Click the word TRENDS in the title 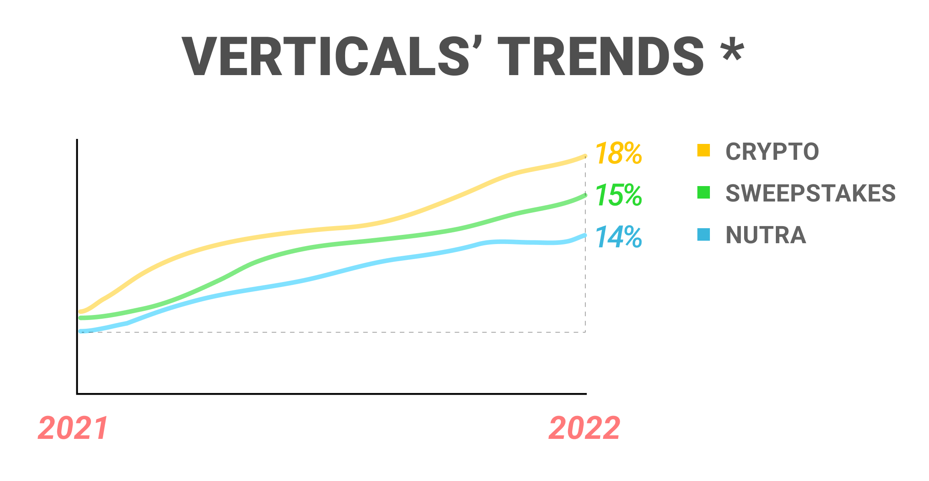tap(601, 57)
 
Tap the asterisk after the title tap(732, 49)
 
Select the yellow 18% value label tap(618, 154)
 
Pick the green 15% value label tap(618, 195)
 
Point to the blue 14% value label tap(618, 237)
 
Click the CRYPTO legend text tap(772, 151)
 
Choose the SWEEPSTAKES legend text tap(810, 193)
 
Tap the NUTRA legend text tap(766, 235)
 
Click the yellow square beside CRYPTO tap(704, 150)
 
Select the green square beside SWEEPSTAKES tap(704, 192)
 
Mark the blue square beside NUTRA tap(704, 234)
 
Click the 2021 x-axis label tap(73, 428)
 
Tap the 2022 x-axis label tap(584, 428)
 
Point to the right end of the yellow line tap(585, 156)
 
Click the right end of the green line tap(585, 195)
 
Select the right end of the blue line tap(585, 235)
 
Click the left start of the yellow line tap(81, 312)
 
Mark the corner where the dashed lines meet tap(585, 332)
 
